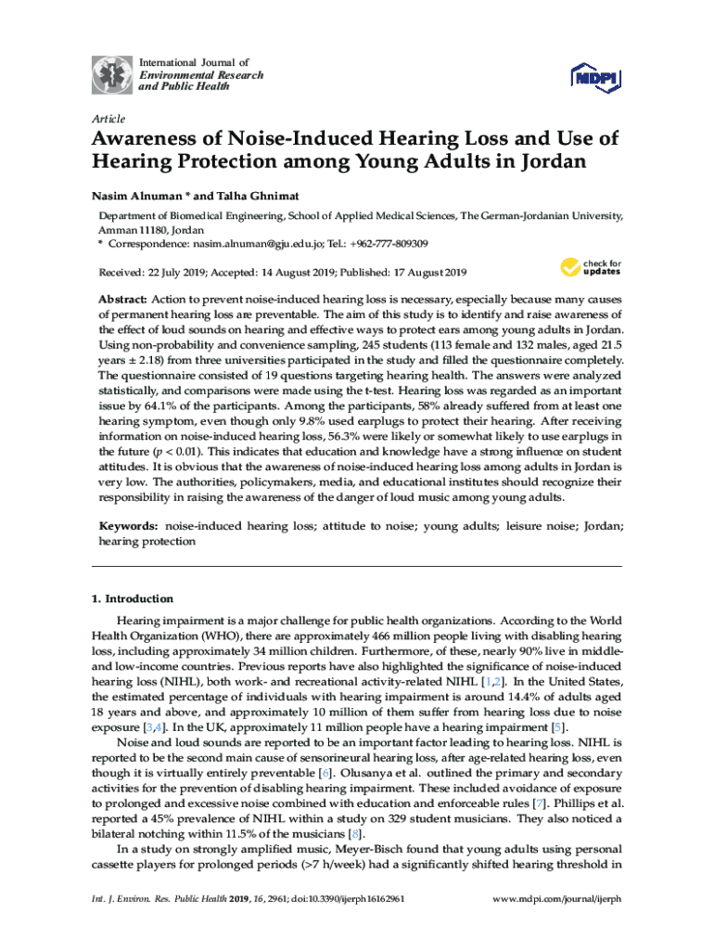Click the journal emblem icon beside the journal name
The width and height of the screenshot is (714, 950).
point(111,74)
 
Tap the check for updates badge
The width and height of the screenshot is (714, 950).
point(590,268)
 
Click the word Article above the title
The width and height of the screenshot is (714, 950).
point(108,119)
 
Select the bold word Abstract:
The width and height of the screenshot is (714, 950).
point(123,302)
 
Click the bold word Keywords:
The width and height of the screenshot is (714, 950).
point(129,526)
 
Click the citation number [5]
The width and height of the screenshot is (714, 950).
point(558,726)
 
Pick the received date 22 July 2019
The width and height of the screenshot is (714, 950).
point(172,273)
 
